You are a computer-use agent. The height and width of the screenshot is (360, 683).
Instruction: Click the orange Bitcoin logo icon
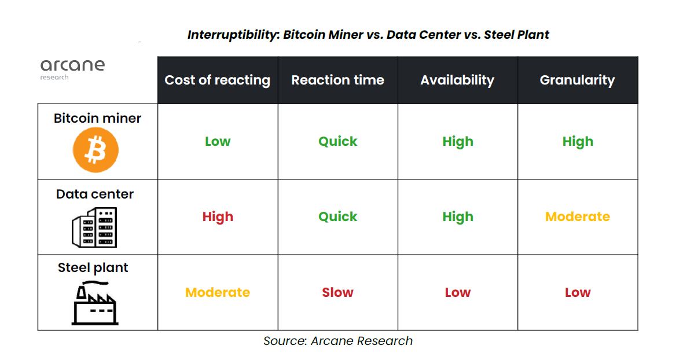point(96,150)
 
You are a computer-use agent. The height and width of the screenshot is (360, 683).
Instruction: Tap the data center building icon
point(94,227)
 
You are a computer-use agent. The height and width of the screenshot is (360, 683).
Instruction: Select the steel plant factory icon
point(94,302)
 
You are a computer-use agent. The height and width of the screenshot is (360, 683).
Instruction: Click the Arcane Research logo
point(72,68)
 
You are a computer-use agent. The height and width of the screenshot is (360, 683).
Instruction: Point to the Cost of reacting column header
point(218,80)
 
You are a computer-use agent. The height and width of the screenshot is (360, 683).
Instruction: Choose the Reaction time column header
point(337,80)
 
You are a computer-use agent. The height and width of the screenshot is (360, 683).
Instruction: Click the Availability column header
point(457,80)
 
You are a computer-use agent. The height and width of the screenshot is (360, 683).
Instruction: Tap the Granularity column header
point(577,80)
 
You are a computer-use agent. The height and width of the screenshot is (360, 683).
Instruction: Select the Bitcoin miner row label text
point(97,118)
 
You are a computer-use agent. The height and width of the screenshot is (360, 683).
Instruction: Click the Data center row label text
point(95,194)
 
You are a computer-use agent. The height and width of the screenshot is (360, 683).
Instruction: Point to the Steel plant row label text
point(93,268)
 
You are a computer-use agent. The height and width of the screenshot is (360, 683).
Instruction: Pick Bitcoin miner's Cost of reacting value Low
point(218,142)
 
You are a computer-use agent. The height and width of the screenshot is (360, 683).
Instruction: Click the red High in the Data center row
point(218,217)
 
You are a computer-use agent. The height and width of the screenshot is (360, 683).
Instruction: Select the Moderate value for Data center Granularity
point(577,217)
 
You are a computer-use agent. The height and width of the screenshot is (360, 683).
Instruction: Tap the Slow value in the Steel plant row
point(337,293)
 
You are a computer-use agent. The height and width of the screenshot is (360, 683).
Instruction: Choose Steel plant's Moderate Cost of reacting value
point(218,293)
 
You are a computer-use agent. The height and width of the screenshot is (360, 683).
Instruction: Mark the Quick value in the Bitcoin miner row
point(337,142)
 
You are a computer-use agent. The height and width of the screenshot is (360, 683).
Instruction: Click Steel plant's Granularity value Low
point(577,293)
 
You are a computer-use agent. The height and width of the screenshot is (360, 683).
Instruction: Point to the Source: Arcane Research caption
point(338,341)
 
